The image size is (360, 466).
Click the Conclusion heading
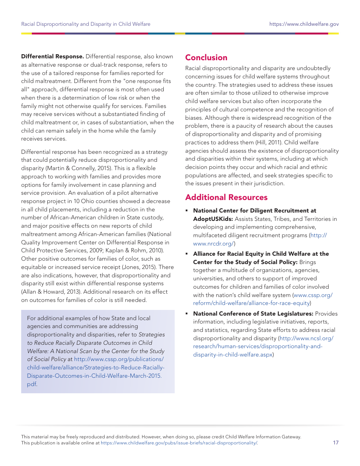coord(206,58)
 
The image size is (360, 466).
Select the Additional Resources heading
coord(226,197)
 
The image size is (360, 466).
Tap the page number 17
coord(335,443)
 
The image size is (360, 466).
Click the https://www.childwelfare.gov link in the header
coord(304,24)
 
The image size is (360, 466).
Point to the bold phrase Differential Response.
coord(52,56)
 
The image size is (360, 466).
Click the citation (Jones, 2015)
coord(131,267)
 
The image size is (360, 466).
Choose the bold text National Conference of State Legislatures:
coord(253,314)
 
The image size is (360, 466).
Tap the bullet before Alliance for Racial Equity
coord(187,254)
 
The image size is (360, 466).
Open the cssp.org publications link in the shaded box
coord(95,367)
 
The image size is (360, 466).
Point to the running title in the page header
coord(86,24)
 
